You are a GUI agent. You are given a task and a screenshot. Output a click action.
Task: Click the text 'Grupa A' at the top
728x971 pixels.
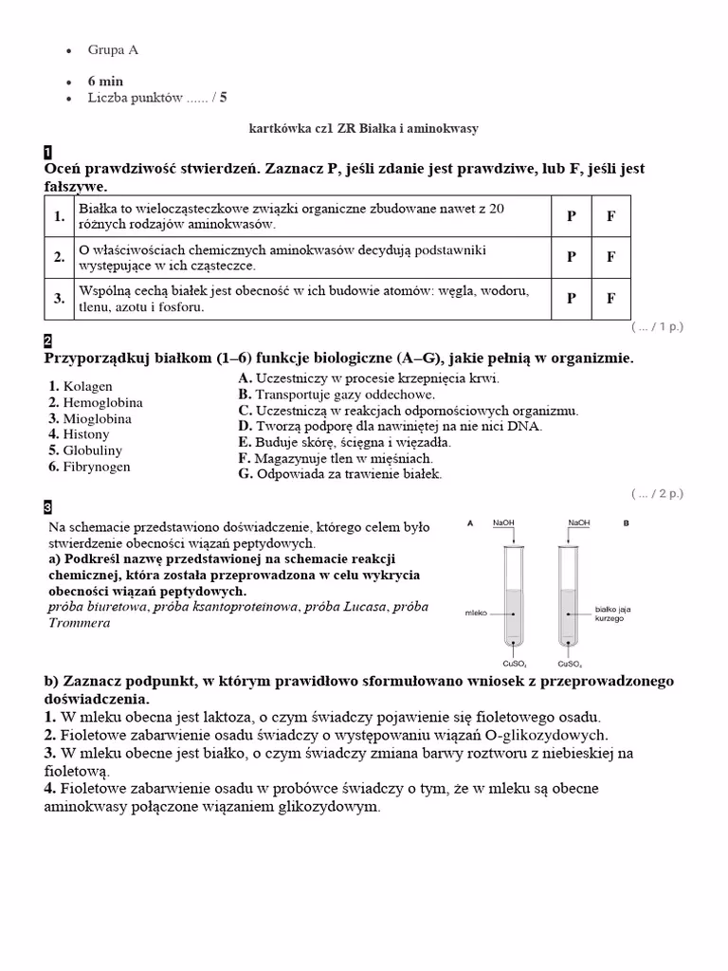coord(113,49)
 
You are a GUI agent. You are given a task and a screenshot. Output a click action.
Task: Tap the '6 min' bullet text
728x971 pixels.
coord(105,81)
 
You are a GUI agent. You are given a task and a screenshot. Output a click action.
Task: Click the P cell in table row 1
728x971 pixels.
coord(572,216)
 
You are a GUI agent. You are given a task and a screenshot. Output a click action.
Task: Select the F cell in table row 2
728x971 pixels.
coord(611,257)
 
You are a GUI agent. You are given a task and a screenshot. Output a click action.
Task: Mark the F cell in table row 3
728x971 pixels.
coord(611,298)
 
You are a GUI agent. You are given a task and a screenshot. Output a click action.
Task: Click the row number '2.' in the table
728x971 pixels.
coord(59,257)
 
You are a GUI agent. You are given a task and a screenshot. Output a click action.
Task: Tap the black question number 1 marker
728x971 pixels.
coord(48,152)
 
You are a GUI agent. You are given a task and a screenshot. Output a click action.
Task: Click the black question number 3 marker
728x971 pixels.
coord(48,507)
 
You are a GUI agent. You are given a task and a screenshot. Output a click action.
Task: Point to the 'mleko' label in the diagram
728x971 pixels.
coord(476,614)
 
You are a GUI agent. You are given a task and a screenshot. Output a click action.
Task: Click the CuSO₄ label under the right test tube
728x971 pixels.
coord(570,663)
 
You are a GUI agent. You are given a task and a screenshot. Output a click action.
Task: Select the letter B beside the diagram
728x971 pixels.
coord(626,522)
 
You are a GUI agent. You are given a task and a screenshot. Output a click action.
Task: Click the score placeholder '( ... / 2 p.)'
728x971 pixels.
coord(657,493)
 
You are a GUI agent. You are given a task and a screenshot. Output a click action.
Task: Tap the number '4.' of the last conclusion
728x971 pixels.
coord(51,788)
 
